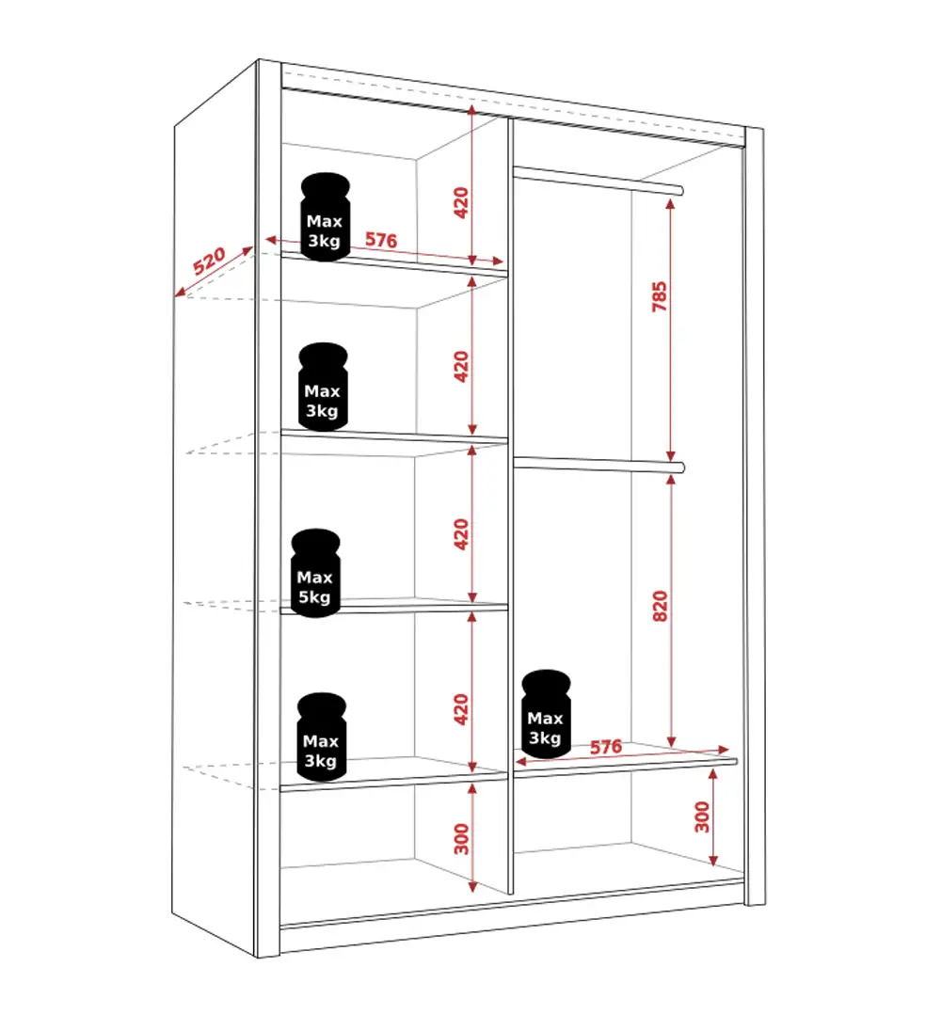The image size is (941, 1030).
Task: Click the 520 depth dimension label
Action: (209, 261)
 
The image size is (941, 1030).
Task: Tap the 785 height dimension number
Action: (659, 297)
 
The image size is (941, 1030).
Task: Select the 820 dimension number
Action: (660, 606)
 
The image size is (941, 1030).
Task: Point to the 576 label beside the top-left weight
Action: (381, 240)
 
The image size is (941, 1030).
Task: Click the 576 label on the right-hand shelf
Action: (606, 747)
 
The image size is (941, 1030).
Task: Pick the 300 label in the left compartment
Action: (461, 839)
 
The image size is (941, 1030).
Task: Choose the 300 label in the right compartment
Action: (703, 816)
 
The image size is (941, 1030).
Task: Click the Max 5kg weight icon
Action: (315, 573)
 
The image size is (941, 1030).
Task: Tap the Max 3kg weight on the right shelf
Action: (546, 714)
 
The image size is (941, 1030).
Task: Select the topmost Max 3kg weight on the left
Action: (326, 216)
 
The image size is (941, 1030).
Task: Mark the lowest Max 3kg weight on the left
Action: (321, 737)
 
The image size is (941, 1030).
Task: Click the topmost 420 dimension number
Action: (461, 202)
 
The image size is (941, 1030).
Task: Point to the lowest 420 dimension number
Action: (461, 709)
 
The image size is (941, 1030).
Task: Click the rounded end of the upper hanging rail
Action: (680, 191)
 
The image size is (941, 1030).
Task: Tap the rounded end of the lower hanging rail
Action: (680, 467)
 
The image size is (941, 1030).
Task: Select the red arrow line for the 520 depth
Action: (215, 271)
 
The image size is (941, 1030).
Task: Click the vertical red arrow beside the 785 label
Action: (670, 330)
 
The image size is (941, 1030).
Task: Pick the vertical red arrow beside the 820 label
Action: (671, 610)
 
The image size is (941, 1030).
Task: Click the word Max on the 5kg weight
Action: (314, 578)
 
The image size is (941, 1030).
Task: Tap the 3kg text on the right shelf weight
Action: (545, 738)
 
